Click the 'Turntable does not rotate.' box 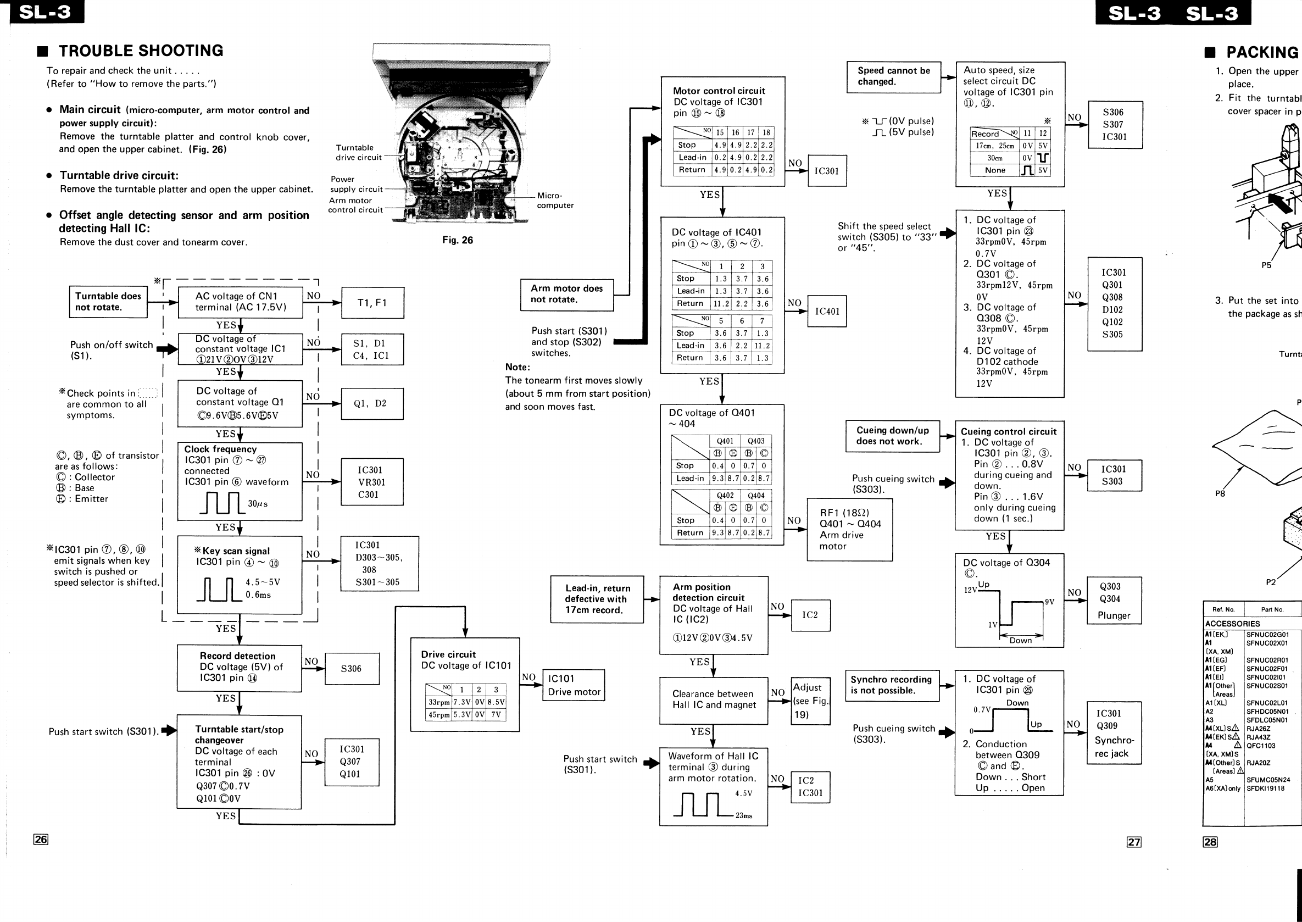coord(108,302)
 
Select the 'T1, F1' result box coord(372,303)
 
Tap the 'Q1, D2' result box coord(372,404)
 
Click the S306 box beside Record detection coord(352,669)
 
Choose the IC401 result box coord(826,311)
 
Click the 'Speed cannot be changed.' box coord(893,76)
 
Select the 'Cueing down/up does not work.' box coord(892,436)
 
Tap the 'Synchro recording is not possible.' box coord(891,685)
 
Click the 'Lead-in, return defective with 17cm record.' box coord(597,599)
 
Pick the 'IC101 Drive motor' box coord(573,685)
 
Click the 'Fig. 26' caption coord(458,240)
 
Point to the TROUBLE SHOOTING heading coord(141,51)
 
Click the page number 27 coord(1133,842)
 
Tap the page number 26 coord(41,839)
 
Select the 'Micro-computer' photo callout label coord(555,201)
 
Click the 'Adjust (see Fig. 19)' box coord(810,701)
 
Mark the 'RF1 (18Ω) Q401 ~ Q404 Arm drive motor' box coord(849,530)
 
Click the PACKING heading coord(1262,53)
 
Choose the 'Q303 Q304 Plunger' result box coord(1114,601)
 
